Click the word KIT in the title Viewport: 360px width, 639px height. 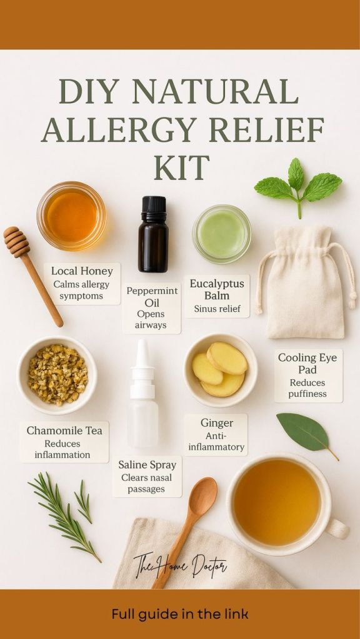(x=182, y=167)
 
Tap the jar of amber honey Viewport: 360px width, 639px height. (x=71, y=215)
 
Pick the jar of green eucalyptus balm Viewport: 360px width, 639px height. (x=222, y=234)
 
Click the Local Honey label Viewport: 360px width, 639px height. (x=82, y=283)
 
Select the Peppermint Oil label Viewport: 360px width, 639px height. (x=152, y=308)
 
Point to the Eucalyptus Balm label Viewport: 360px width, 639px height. (x=216, y=296)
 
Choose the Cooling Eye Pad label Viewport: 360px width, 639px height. (x=308, y=375)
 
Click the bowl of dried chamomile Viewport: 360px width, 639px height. (x=57, y=374)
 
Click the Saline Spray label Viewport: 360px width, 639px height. (x=147, y=477)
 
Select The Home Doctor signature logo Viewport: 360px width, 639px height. (x=180, y=564)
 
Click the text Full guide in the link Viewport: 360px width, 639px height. (x=180, y=614)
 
